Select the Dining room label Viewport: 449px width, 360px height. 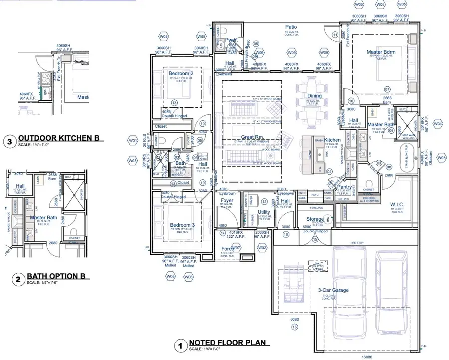click(x=314, y=96)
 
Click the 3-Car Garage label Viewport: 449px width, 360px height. click(x=333, y=290)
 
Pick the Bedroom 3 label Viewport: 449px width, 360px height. click(x=180, y=225)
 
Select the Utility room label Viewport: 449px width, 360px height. click(x=264, y=212)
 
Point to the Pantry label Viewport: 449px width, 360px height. click(x=358, y=187)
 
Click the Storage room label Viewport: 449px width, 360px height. click(x=315, y=219)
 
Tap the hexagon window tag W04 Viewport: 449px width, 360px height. click(x=438, y=123)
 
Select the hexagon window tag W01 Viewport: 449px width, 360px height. click(x=133, y=141)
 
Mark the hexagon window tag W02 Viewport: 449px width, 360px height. click(x=262, y=248)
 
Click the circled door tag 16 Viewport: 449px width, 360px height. click(x=294, y=327)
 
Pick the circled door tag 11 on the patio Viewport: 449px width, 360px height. click(x=335, y=34)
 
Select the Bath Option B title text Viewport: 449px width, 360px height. click(x=52, y=276)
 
